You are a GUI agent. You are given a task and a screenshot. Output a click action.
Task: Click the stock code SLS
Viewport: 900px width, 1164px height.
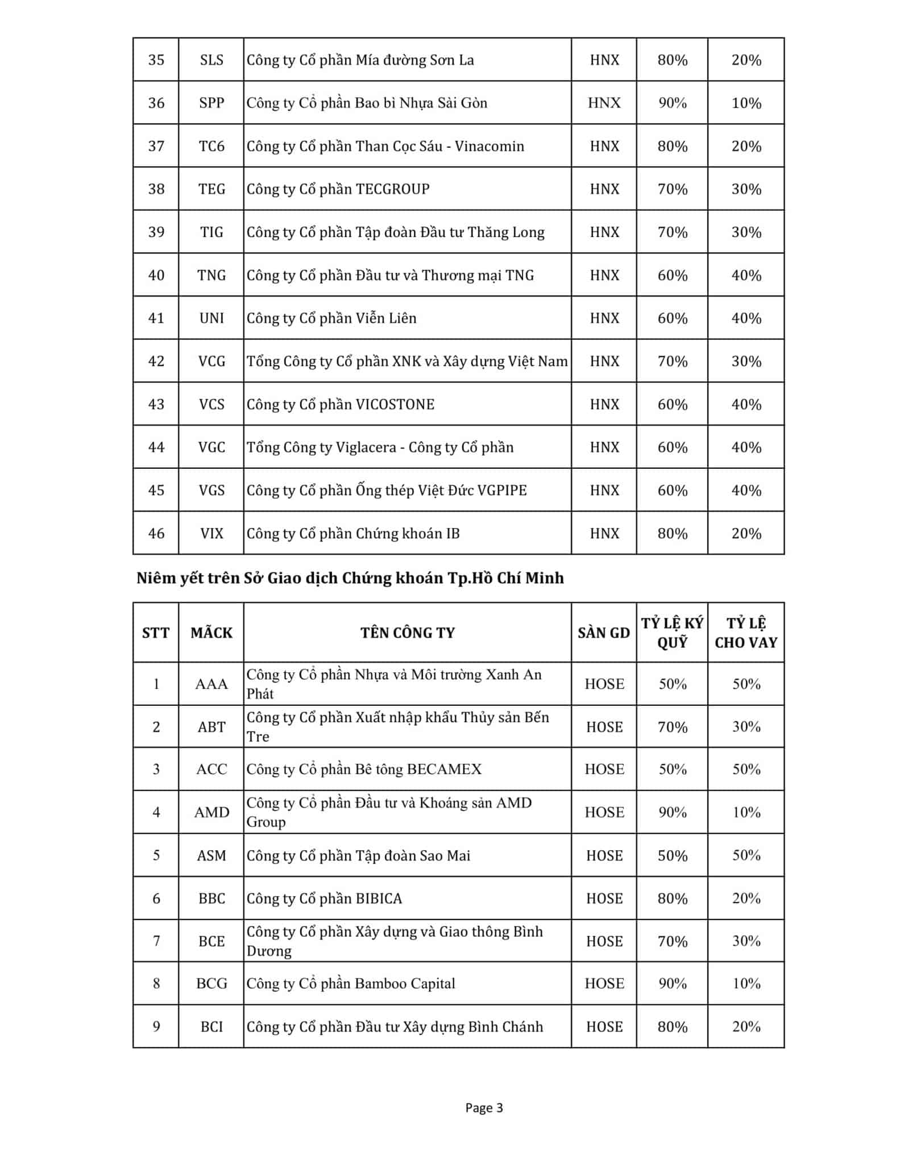[x=211, y=60]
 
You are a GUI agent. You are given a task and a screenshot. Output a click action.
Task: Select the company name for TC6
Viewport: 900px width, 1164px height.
[x=385, y=146]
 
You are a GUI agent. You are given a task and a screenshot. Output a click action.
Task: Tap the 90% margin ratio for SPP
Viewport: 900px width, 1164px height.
[x=672, y=103]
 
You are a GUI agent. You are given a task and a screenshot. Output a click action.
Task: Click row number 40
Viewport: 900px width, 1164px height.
[x=156, y=275]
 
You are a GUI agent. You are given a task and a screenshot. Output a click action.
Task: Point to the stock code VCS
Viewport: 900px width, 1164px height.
[x=211, y=404]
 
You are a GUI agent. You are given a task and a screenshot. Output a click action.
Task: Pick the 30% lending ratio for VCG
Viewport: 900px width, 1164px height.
[x=746, y=361]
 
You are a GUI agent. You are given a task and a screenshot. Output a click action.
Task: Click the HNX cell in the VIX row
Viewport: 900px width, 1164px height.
[x=604, y=533]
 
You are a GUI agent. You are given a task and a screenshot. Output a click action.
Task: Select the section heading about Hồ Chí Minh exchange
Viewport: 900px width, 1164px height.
[x=350, y=578]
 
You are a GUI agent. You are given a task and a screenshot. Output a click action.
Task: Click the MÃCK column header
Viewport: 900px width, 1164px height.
[x=211, y=633]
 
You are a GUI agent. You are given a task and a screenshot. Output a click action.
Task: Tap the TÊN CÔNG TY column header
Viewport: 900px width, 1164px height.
[x=407, y=633]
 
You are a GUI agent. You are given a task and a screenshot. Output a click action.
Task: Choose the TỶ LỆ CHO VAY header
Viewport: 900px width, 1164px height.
[x=746, y=633]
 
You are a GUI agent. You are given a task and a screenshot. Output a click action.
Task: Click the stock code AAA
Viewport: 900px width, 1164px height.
[x=211, y=684]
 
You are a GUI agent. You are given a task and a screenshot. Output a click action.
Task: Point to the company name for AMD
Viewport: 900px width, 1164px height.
[x=389, y=812]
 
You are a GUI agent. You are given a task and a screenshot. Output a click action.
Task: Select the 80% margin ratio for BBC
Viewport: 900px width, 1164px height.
[x=672, y=898]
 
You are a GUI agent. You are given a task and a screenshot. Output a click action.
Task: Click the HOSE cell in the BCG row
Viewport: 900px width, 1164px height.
[x=604, y=983]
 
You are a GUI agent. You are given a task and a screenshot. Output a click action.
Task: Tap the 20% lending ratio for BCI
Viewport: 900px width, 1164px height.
[x=746, y=1026]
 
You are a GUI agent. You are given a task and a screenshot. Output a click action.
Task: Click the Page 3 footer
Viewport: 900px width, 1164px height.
[x=484, y=1108]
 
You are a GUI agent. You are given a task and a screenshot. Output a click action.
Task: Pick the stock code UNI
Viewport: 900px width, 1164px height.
[x=211, y=318]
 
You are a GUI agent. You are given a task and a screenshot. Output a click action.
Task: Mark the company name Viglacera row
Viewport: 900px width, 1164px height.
[x=380, y=447]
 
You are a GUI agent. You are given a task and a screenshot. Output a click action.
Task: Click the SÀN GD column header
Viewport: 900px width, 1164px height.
[x=604, y=633]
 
